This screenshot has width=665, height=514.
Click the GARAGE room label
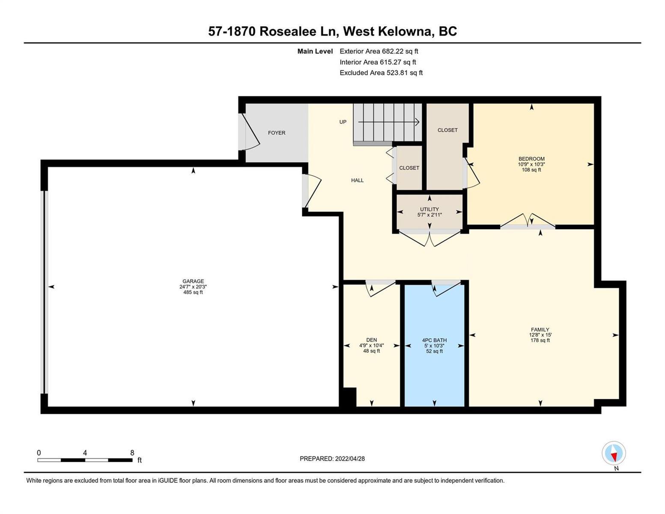click(x=193, y=281)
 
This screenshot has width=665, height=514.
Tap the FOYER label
click(x=276, y=132)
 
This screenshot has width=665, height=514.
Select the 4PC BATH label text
click(x=434, y=340)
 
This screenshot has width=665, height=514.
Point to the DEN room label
click(x=372, y=340)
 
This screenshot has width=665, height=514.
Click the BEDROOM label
click(x=531, y=159)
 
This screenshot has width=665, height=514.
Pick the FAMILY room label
click(x=540, y=330)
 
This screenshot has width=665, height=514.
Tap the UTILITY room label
click(x=429, y=209)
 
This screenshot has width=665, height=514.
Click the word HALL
click(x=357, y=180)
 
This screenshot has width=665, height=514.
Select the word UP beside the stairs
click(x=343, y=122)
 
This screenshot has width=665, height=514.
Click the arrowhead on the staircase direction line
click(x=417, y=122)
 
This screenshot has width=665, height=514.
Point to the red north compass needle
click(x=614, y=457)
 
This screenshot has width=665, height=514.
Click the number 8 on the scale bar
click(x=132, y=452)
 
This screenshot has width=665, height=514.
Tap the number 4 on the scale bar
click(x=85, y=452)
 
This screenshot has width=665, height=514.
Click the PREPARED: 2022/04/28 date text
click(x=332, y=459)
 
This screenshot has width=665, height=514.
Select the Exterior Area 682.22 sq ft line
click(x=379, y=51)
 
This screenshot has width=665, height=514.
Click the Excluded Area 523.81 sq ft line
click(x=381, y=73)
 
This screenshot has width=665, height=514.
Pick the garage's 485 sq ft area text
click(x=193, y=293)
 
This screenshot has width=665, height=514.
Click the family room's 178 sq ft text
click(x=540, y=341)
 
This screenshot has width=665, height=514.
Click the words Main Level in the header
click(x=315, y=51)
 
